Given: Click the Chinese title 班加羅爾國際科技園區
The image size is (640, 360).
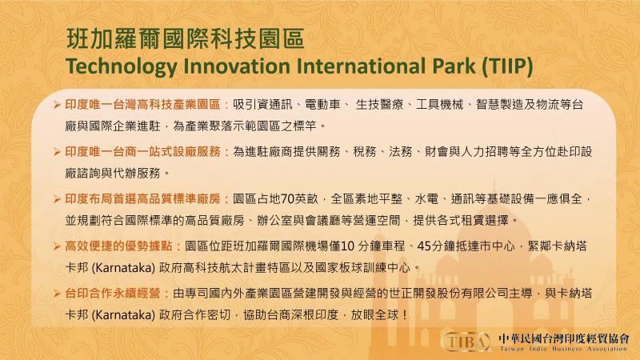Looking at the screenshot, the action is point(186,39).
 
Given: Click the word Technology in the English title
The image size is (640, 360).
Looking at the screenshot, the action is point(122,66).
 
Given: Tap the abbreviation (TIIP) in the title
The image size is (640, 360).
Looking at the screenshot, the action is point(507,66).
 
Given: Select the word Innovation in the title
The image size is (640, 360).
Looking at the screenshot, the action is point(237,66).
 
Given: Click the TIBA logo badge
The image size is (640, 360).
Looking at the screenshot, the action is point(467,342).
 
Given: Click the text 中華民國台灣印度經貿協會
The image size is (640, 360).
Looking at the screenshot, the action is point(563,338).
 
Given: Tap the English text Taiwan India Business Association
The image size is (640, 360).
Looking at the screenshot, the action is point(563,349).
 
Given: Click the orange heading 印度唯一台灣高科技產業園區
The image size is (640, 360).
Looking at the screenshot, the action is point(143,105).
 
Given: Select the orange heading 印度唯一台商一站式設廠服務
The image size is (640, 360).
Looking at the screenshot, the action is point(143,152).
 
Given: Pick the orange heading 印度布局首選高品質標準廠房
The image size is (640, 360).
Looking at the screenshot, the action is point(143,199).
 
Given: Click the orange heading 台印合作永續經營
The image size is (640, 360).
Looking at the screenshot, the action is point(113,294).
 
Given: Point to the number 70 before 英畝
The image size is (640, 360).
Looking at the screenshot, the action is point(287,199).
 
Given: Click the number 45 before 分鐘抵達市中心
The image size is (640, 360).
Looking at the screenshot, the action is point(424,246).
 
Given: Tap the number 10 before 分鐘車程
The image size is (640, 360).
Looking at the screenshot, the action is point(347,246).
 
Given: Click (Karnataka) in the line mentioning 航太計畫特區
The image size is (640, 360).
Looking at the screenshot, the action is point(123,268).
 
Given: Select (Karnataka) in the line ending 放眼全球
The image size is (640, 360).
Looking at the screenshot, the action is point(123,315).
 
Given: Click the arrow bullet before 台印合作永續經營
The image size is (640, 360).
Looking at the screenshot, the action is point(57,294).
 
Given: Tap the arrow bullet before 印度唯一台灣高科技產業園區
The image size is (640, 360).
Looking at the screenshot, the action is point(57,105).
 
